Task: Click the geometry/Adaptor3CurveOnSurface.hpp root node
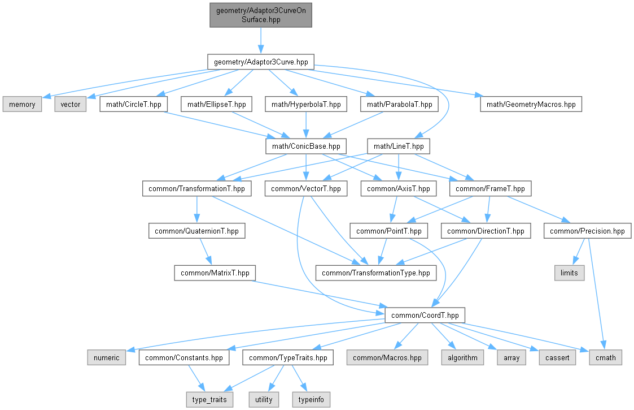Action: tap(260, 15)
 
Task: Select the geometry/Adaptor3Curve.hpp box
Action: tap(260, 62)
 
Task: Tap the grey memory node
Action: tap(22, 104)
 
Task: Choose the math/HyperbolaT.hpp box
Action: tap(306, 104)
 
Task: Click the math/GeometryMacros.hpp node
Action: tap(531, 104)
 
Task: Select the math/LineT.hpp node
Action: tap(399, 146)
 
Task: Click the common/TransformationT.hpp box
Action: tap(196, 188)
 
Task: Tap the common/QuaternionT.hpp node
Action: tap(196, 231)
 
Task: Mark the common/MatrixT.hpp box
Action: tap(215, 273)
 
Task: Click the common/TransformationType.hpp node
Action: tap(375, 273)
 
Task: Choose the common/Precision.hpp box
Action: tap(587, 231)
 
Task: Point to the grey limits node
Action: tap(569, 273)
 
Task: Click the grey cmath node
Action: tap(605, 357)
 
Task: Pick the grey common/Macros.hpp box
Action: tap(387, 357)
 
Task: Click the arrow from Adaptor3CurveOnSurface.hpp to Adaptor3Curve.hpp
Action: tap(260, 40)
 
